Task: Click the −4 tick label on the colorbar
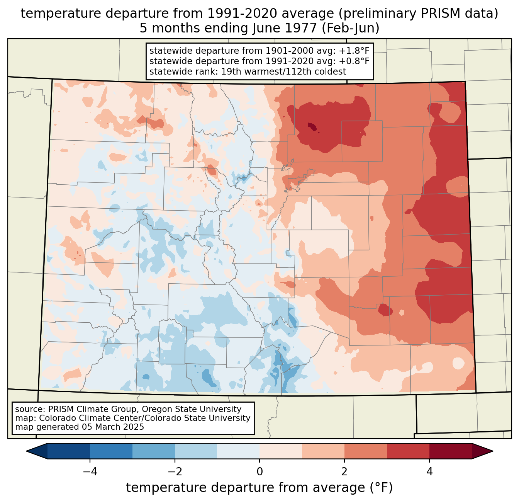click(87, 472)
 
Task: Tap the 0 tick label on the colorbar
click(259, 472)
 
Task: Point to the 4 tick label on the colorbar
click(429, 472)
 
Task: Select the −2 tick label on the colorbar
click(172, 472)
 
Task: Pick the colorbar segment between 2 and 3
click(365, 451)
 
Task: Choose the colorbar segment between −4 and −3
click(111, 451)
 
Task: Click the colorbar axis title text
click(259, 488)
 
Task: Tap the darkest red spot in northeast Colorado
click(311, 126)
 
